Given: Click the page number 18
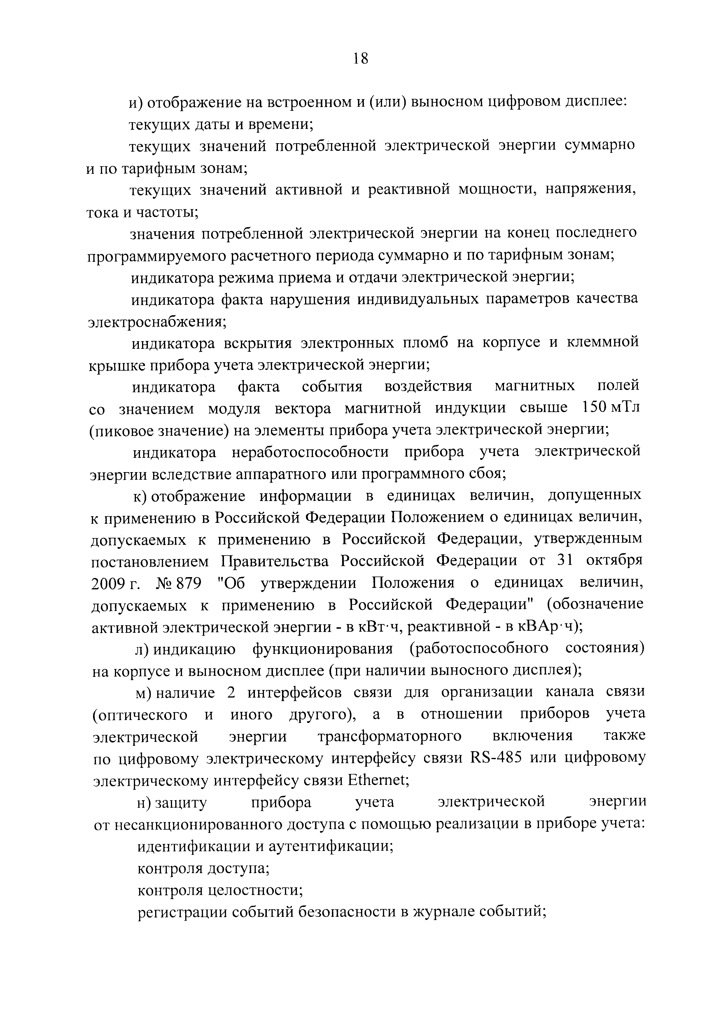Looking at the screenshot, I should coord(360,58).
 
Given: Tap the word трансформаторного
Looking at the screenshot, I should coord(389,736).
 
